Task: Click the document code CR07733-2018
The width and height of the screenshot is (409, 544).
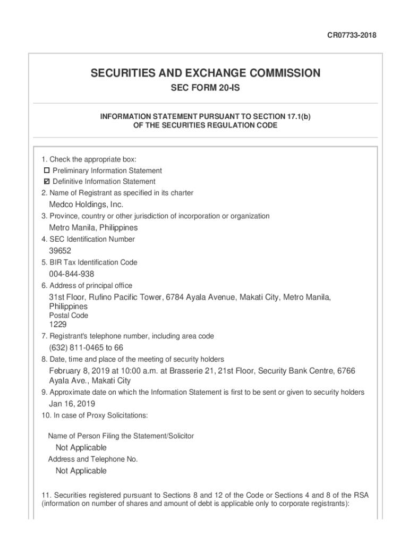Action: point(351,36)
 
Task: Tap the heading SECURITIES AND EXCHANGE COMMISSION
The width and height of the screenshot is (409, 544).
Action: point(205,73)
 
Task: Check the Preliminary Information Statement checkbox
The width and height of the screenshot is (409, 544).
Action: point(47,171)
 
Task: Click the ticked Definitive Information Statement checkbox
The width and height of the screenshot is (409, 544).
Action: point(47,182)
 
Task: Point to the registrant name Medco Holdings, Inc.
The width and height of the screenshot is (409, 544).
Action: point(86,205)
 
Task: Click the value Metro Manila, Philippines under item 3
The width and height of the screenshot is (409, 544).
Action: point(93,227)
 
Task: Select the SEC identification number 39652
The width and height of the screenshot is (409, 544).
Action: point(60,251)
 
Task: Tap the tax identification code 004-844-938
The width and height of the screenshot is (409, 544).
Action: point(72,274)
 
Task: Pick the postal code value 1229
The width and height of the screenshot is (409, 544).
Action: point(58,324)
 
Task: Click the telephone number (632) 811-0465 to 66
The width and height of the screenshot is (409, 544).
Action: point(86,347)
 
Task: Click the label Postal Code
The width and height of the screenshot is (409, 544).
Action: point(69,316)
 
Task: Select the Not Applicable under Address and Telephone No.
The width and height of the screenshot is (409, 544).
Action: point(81,471)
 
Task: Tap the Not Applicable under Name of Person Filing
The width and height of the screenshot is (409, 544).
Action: point(81,447)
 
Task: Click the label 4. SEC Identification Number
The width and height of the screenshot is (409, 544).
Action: point(88,239)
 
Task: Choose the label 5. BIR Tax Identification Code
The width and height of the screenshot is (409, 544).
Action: point(89,262)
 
